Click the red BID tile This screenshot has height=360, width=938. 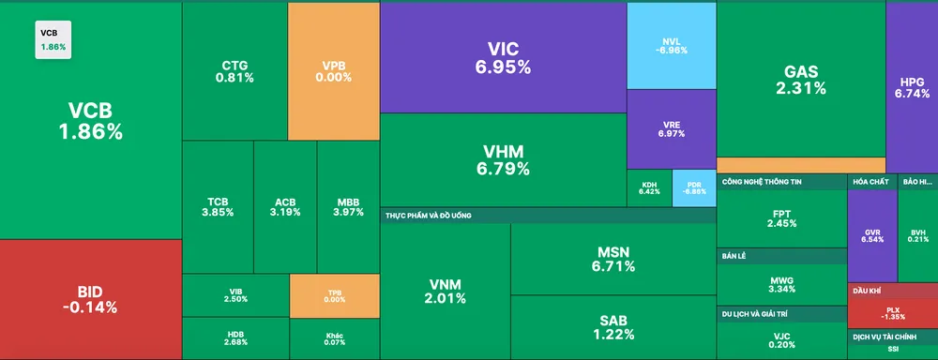click(x=90, y=299)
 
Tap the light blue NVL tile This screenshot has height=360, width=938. click(x=671, y=45)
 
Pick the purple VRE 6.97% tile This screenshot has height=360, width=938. click(x=671, y=128)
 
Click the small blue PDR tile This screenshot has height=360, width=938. click(x=694, y=188)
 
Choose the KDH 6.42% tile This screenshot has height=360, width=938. click(x=649, y=188)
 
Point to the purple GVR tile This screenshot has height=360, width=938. click(x=871, y=234)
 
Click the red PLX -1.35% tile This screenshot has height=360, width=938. click(x=892, y=312)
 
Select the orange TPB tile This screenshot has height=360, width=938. click(x=335, y=294)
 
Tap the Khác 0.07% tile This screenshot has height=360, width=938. click(x=335, y=338)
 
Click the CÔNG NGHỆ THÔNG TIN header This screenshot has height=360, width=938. click(x=768, y=181)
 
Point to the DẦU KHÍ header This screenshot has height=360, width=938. click(x=868, y=292)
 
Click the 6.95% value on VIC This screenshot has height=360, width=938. click(x=503, y=67)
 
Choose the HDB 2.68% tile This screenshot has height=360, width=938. click(x=235, y=338)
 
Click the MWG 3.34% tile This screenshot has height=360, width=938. click(x=781, y=284)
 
